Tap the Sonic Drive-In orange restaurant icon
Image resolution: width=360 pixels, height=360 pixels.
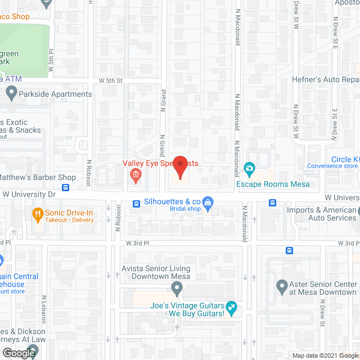(38, 214)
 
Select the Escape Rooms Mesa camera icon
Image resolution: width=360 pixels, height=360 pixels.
(249, 168)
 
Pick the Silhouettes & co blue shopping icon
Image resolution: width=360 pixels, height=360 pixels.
(208, 202)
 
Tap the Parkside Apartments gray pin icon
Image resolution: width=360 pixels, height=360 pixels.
(11, 93)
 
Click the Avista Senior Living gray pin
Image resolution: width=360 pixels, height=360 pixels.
(177, 290)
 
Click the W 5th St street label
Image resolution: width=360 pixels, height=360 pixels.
(110, 81)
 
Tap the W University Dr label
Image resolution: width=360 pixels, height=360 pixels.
(30, 194)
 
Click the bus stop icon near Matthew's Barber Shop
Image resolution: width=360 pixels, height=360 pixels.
(66, 187)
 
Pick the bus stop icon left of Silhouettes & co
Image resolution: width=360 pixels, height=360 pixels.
(136, 203)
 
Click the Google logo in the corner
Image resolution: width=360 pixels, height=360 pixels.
(18, 353)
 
